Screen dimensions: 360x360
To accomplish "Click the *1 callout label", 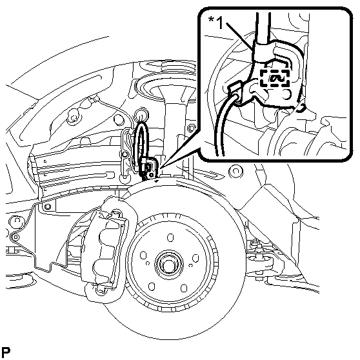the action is coord(215,23).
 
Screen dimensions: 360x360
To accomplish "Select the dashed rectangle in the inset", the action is coord(274,78).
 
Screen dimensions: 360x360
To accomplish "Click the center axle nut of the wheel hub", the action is coord(169,264).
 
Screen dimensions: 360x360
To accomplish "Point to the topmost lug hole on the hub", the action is coord(170,237).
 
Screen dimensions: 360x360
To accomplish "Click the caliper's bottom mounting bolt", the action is coord(101,291).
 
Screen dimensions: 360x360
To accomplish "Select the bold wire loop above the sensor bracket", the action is coord(141,141).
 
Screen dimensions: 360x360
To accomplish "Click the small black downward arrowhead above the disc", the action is coord(157,181).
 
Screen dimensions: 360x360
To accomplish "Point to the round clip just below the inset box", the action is coord(235,171).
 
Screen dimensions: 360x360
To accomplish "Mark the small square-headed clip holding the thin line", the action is coord(15,237).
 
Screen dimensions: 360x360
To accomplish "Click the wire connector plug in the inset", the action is coord(236,91).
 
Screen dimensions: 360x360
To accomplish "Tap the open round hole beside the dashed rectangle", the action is coord(286,95).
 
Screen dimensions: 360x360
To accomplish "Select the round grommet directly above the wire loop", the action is coord(141,114).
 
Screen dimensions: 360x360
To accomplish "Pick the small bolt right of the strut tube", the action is coord(190,128).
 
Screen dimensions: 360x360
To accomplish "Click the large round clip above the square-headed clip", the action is coord(17,221).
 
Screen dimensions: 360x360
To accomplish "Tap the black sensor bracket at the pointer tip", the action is coord(149,168).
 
